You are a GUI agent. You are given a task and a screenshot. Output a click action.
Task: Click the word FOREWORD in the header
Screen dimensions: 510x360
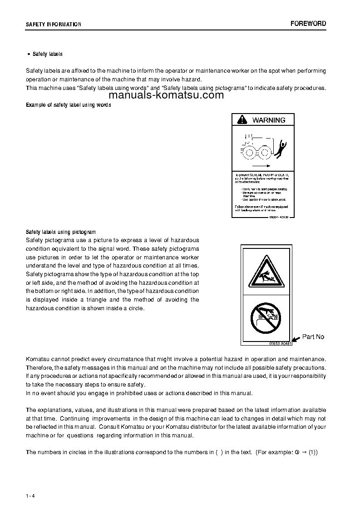(308, 24)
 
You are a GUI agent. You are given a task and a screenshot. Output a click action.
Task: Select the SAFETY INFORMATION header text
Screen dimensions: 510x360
(54, 25)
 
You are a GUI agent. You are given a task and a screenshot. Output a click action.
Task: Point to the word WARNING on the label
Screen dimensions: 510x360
(269, 120)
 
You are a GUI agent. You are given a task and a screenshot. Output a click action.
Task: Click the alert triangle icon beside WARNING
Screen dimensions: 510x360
(243, 120)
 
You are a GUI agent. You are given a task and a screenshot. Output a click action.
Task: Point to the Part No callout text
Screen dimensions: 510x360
(313, 337)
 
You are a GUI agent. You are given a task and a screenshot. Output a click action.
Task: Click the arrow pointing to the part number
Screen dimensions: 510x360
(296, 339)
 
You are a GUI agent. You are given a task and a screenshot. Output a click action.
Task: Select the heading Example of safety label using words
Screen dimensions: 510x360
(69, 105)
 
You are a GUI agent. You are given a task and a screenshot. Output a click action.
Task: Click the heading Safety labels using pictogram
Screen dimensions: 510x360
(61, 232)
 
